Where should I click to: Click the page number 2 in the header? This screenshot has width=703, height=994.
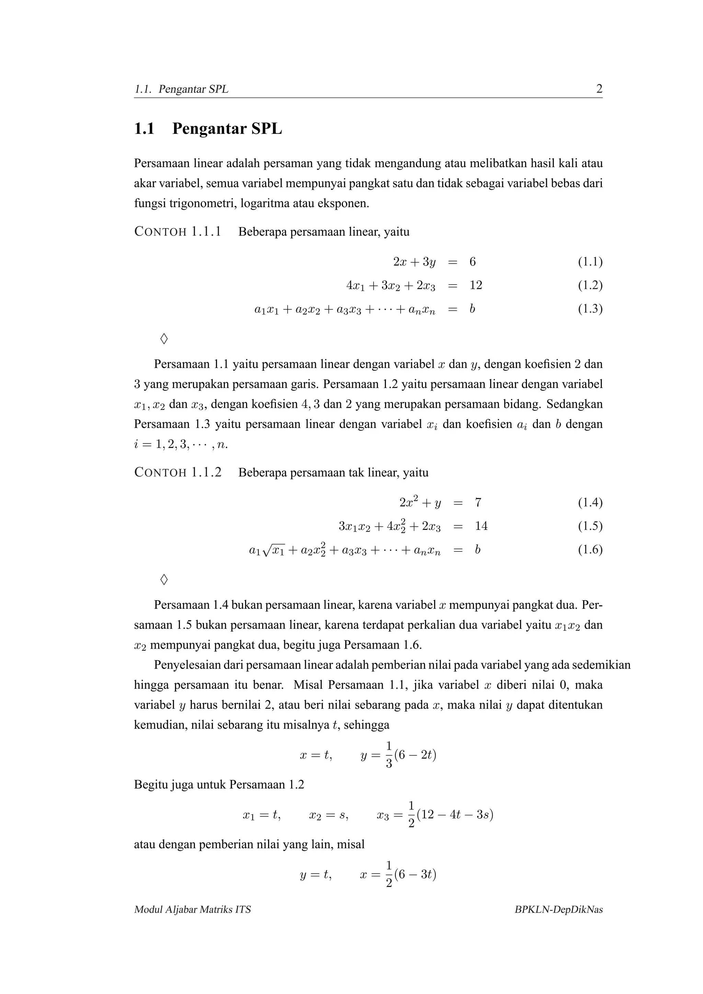[x=599, y=89]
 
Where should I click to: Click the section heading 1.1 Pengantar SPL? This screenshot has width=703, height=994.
[x=208, y=129]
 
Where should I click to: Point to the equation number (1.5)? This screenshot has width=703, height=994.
[x=590, y=526]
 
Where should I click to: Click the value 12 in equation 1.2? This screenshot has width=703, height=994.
[x=476, y=285]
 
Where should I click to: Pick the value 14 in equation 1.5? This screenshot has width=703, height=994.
[x=481, y=526]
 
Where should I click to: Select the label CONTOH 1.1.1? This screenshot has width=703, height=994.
[x=178, y=232]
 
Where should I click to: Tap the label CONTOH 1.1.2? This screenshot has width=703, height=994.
[x=178, y=472]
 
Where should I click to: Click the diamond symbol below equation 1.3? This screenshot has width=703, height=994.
[x=164, y=339]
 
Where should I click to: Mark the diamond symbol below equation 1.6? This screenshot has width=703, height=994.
[x=164, y=579]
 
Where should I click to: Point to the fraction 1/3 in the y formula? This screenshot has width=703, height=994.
[x=389, y=755]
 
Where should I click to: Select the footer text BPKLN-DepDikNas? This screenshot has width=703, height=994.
[x=558, y=910]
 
